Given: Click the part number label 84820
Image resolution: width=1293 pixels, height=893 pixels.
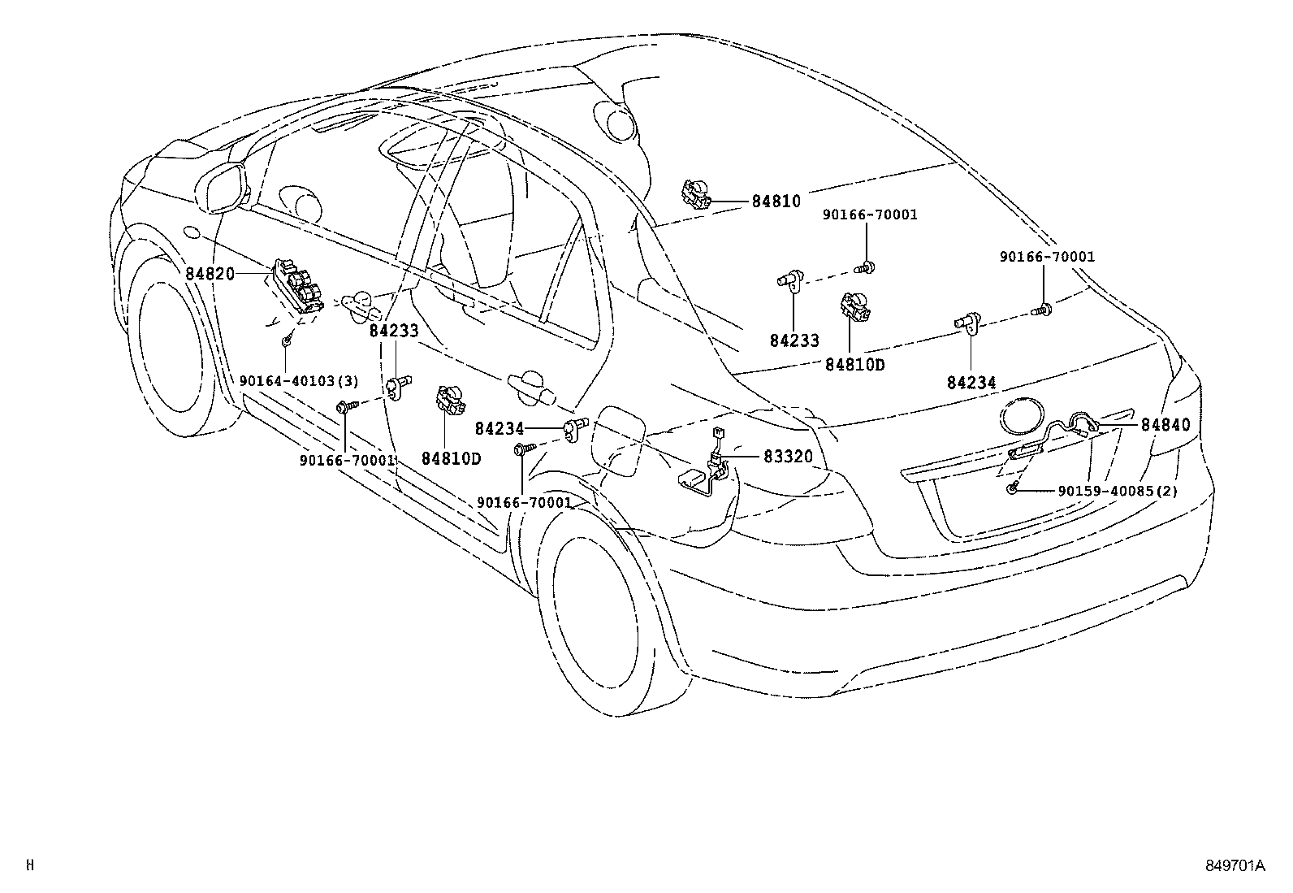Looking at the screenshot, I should point(210,274).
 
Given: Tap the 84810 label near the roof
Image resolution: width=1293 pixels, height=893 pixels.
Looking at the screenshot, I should point(776,202).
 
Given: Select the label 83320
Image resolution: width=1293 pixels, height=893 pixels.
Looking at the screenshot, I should point(787,457).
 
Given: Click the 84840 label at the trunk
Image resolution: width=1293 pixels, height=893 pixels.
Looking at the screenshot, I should point(1165,424).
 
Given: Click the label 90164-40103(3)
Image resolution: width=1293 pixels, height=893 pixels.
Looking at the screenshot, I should point(299,380).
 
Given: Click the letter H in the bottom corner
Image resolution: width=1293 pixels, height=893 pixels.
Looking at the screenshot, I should point(30,865).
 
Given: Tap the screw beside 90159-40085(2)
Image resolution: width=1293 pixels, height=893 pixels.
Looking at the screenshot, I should point(1013,487).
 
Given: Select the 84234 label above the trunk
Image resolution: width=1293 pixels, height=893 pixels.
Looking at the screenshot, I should point(971,382).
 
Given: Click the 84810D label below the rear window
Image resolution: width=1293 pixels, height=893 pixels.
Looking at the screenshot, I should point(854,365).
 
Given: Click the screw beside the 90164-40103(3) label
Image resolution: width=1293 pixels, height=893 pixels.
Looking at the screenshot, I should point(287,342).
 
